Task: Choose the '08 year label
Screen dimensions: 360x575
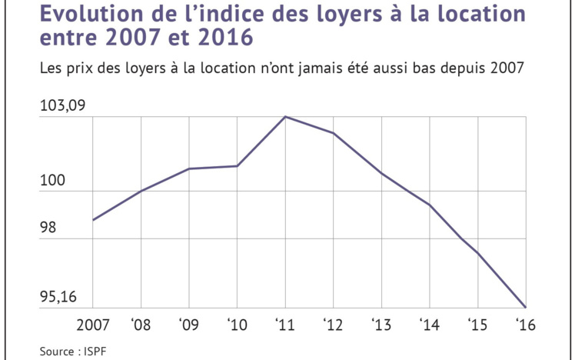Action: [141, 323]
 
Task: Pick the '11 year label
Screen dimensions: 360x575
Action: [285, 323]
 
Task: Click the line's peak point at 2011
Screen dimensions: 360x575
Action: [285, 117]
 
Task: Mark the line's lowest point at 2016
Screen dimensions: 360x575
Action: [525, 307]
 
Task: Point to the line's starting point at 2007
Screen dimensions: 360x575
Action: [93, 220]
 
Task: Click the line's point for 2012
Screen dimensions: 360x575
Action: [333, 134]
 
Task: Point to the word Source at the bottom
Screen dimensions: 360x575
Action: [58, 351]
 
